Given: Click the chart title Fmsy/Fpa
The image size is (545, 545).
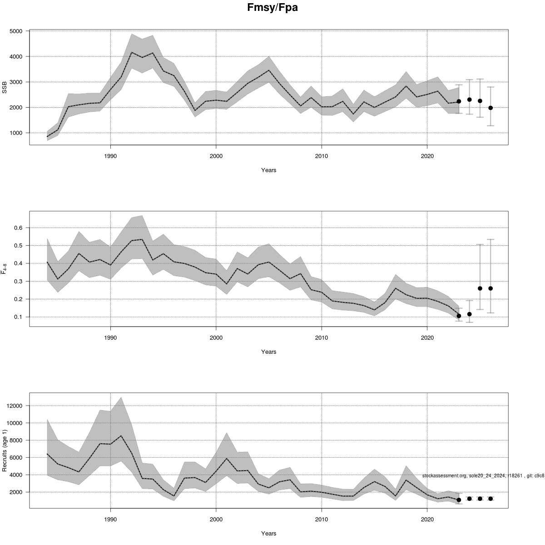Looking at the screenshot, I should tap(272, 8).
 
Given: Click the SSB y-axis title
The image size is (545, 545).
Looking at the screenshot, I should tap(5, 88).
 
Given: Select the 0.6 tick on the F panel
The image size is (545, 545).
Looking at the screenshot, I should tap(20, 228).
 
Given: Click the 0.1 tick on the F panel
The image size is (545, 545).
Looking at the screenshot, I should tap(20, 317).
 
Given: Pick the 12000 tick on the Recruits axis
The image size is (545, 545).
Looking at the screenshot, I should tap(15, 406).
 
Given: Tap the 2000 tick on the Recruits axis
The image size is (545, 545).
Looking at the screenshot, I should tap(17, 492).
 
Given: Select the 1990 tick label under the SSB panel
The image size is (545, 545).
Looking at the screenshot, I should tap(110, 156).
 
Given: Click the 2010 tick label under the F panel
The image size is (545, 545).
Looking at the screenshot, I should tap(322, 337).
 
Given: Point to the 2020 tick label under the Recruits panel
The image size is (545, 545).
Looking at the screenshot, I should tap(427, 519).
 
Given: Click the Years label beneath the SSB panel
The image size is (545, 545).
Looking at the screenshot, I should tap(268, 170).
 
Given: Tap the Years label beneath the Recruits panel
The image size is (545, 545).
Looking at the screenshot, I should tap(268, 534).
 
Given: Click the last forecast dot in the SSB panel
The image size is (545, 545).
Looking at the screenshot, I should tap(490, 108).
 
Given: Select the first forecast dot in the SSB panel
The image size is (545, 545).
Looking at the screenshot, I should tap(459, 101).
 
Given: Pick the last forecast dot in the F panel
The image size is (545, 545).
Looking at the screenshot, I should tap(490, 288).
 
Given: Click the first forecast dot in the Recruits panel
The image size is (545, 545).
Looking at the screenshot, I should tap(459, 500).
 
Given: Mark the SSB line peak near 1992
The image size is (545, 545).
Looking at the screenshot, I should tap(132, 52).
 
